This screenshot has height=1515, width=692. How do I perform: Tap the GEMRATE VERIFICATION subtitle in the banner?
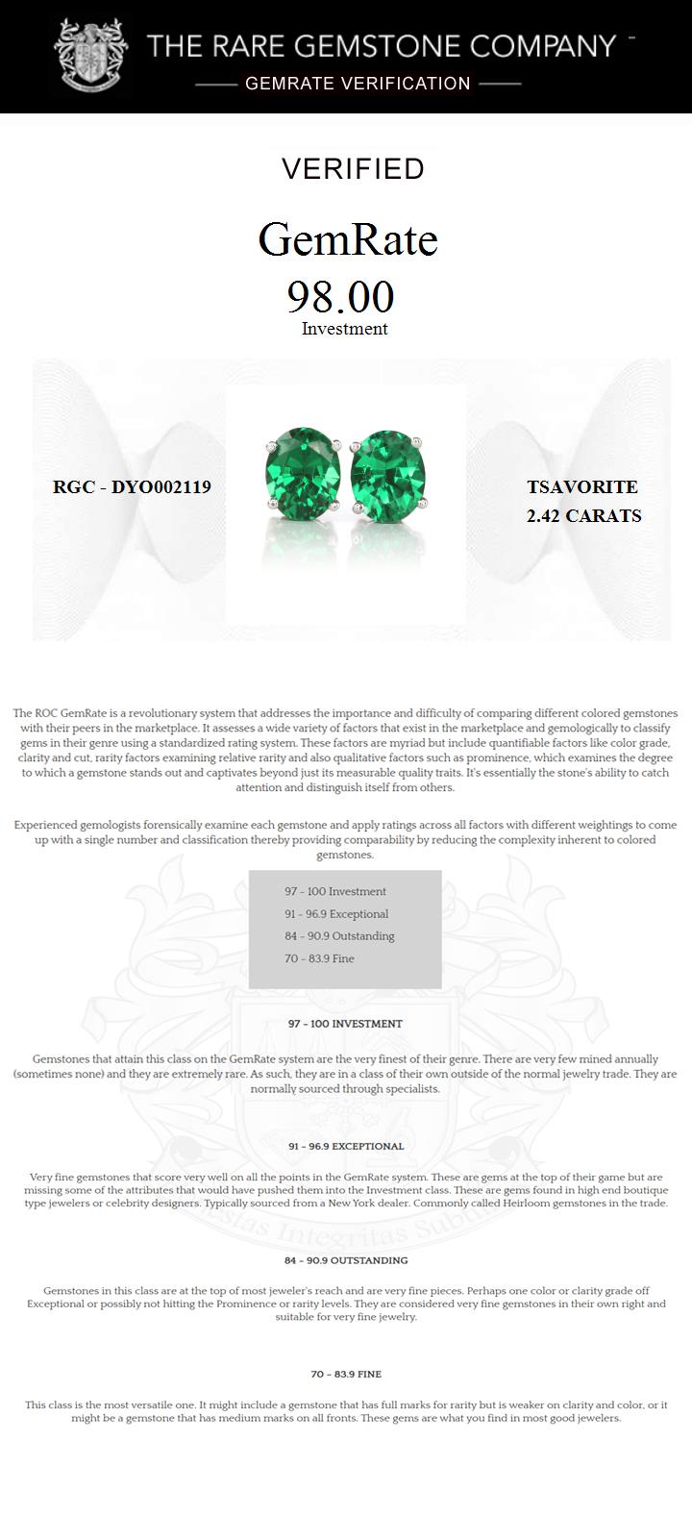coord(358,84)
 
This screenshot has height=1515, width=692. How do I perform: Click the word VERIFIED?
coord(353,169)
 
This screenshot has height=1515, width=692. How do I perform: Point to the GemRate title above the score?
coord(348,239)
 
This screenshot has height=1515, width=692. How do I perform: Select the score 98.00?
coord(341,297)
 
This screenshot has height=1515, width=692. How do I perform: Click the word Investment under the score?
coord(344,329)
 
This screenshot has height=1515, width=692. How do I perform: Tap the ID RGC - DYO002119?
coord(132,487)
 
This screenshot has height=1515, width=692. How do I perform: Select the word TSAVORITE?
coord(582,488)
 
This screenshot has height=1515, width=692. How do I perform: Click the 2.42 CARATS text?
coord(583,516)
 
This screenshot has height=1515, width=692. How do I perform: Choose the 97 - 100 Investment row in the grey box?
coord(334,891)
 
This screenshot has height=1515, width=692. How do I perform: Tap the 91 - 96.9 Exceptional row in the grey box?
coord(336,914)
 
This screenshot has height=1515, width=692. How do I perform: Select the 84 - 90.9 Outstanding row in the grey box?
coord(339,936)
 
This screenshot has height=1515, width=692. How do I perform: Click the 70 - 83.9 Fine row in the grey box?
coord(319,958)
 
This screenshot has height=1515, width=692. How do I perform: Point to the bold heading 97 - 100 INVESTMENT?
coord(345,1024)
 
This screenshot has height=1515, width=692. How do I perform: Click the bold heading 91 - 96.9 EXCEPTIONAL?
coord(345,1146)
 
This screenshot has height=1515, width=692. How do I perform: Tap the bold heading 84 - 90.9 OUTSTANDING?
coord(345,1260)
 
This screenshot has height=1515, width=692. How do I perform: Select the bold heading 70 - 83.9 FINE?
coord(345,1374)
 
